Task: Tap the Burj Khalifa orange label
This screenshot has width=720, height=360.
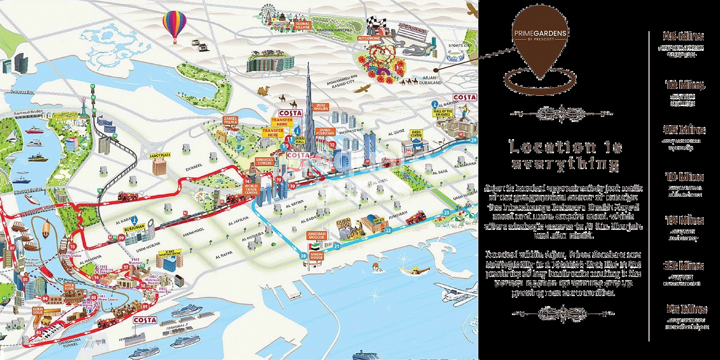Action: [x=321, y=107]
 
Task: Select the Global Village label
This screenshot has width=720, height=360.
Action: [x=302, y=25]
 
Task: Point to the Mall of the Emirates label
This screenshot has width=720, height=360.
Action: [x=443, y=113]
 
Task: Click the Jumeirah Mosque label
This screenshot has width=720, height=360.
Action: [x=316, y=235]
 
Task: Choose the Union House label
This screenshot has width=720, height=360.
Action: [x=316, y=256]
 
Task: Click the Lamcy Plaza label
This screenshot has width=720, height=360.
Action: [x=160, y=156]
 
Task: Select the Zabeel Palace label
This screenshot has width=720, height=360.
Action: [x=230, y=120]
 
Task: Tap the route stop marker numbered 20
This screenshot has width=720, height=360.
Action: [x=303, y=256]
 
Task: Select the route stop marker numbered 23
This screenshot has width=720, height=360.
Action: [x=446, y=212]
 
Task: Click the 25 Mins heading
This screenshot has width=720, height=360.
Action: [x=686, y=309]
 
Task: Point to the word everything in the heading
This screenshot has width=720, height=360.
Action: [x=565, y=164]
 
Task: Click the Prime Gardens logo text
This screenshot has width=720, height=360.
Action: [x=540, y=33]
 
